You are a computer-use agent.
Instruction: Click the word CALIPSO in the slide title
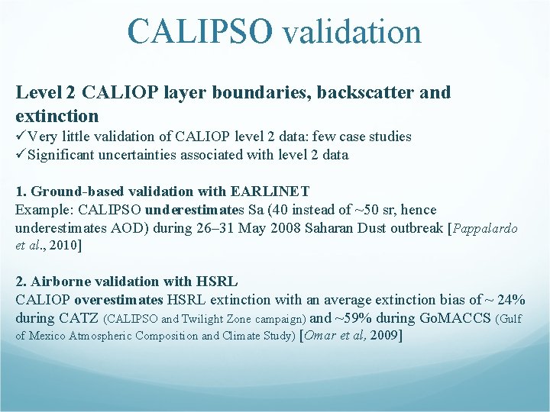pos(199,32)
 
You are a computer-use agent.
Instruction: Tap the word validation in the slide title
pos(351,32)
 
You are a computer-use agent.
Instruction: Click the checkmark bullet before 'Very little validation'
pos(21,137)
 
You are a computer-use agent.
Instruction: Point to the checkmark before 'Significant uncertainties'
pos(21,155)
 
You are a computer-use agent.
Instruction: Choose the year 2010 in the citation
pos(63,245)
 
